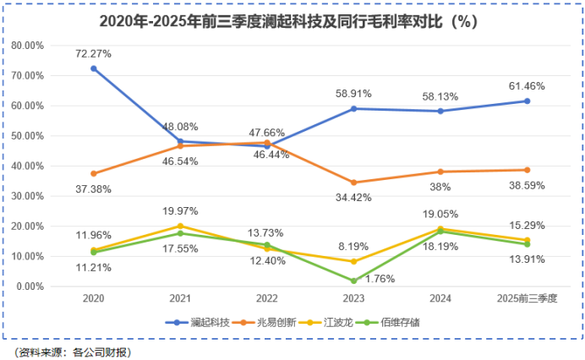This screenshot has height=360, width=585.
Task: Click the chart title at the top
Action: coord(292,21)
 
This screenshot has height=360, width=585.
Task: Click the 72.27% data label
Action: coord(94,53)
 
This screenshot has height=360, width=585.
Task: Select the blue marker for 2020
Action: coord(94,68)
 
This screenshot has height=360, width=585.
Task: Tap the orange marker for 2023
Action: coord(354,183)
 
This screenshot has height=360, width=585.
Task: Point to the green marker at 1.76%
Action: coord(354,281)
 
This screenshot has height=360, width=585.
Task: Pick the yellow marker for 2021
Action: coord(180,226)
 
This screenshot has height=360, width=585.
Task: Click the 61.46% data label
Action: coord(527,86)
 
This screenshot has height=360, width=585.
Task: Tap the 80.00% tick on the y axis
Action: coord(28,46)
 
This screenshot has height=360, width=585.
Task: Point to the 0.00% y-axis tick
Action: coord(30,286)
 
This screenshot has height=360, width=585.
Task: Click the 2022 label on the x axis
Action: coord(267,298)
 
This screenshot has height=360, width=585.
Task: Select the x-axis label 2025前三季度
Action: coord(527,298)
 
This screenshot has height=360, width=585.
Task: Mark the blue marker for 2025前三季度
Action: coord(527,101)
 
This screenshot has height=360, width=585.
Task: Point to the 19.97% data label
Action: coord(180,211)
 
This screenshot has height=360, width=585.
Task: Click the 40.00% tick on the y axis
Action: coord(28,166)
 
